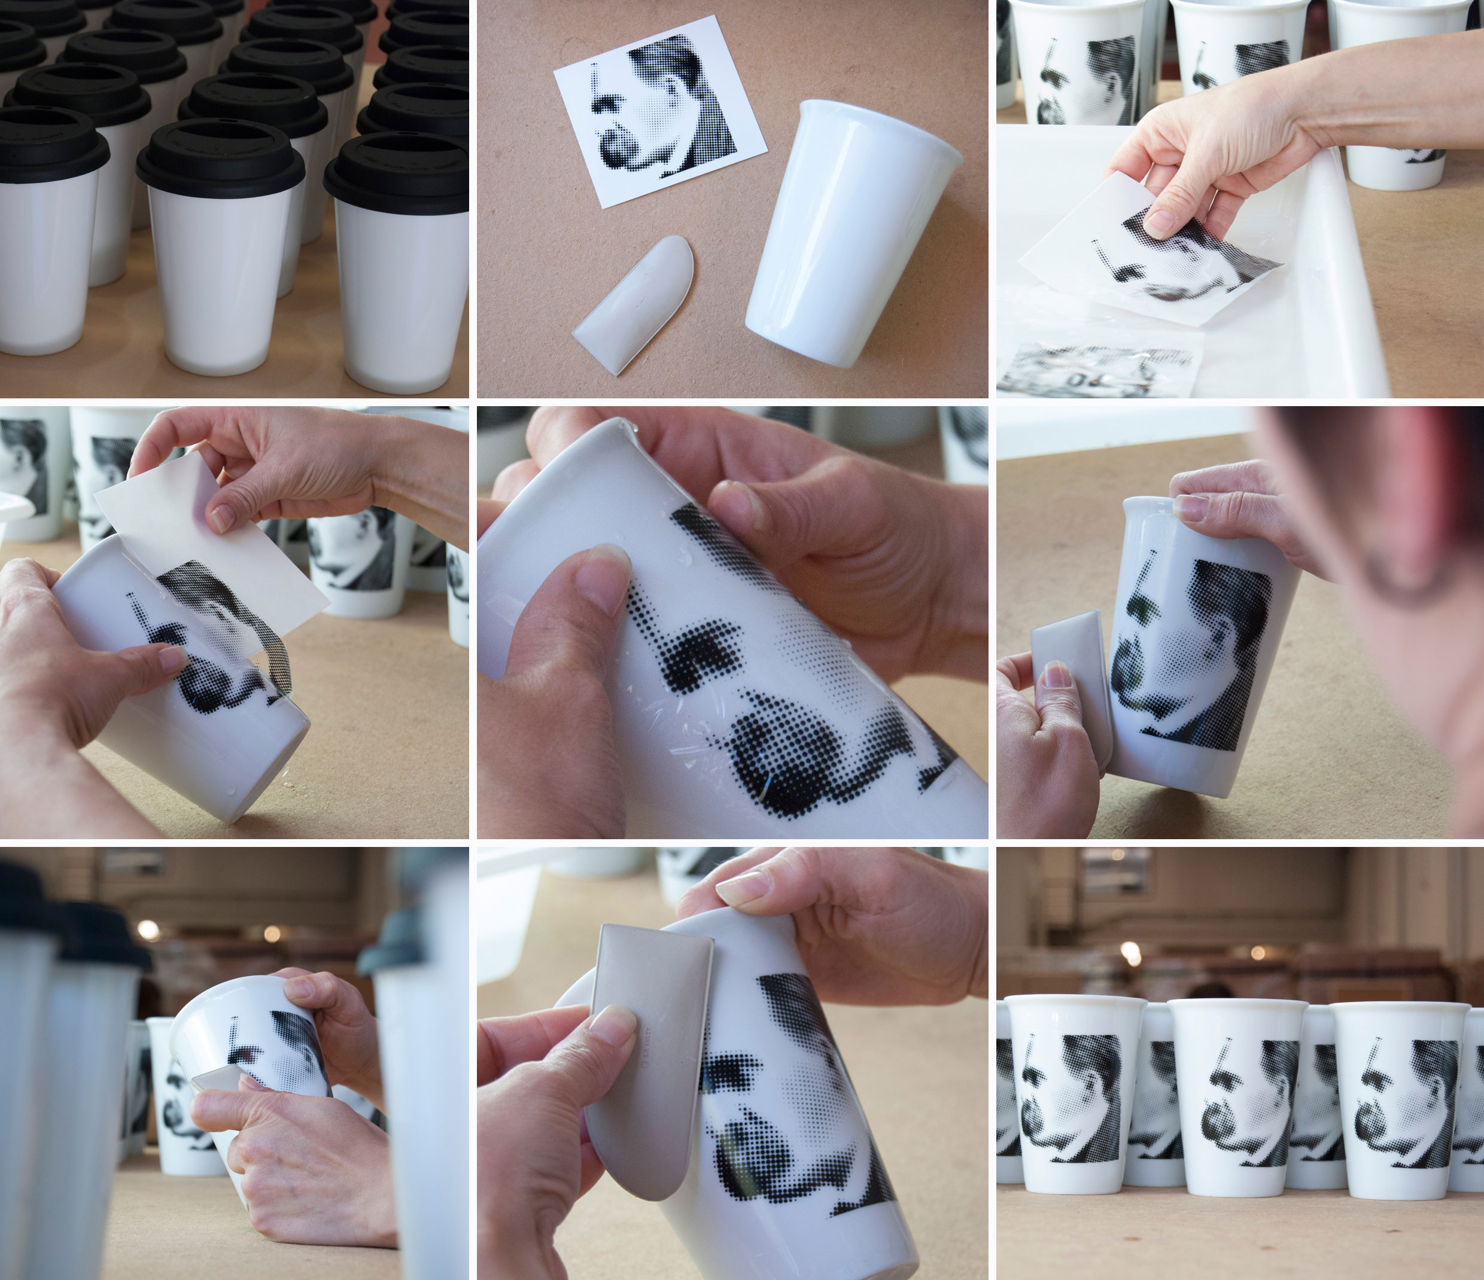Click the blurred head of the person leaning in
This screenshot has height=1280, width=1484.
click(1404, 544)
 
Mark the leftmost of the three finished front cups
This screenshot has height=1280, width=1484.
click(1071, 1095)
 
